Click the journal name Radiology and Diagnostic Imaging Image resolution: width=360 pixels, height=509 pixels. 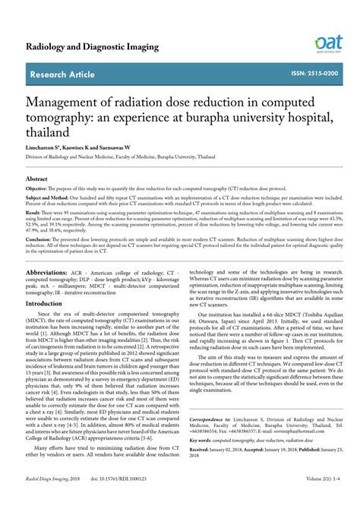pos(92,46)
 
